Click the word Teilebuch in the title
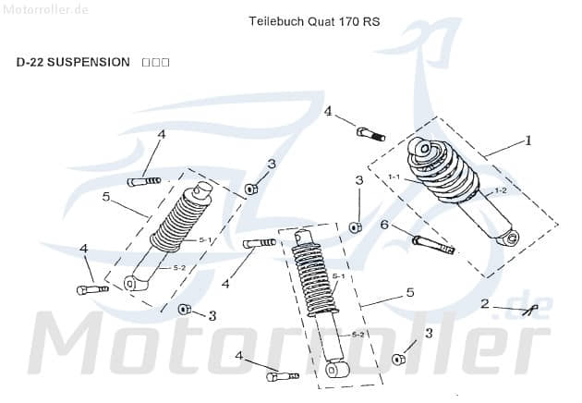pos(276,20)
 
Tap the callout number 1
pos(528,141)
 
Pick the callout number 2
pos(484,304)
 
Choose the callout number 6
pos(384,225)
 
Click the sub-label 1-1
pos(394,177)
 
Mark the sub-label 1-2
pos(500,189)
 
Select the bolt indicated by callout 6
pos(433,244)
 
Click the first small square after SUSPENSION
pos(147,62)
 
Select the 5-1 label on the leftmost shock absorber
pos(205,239)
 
